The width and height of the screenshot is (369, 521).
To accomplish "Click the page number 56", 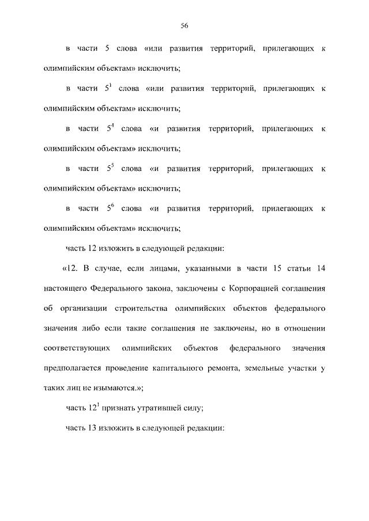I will (184, 25).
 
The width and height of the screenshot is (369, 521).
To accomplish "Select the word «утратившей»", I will (158, 409).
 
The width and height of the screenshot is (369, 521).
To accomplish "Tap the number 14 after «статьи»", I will (321, 268).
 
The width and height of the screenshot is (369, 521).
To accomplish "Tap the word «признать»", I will (119, 409).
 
